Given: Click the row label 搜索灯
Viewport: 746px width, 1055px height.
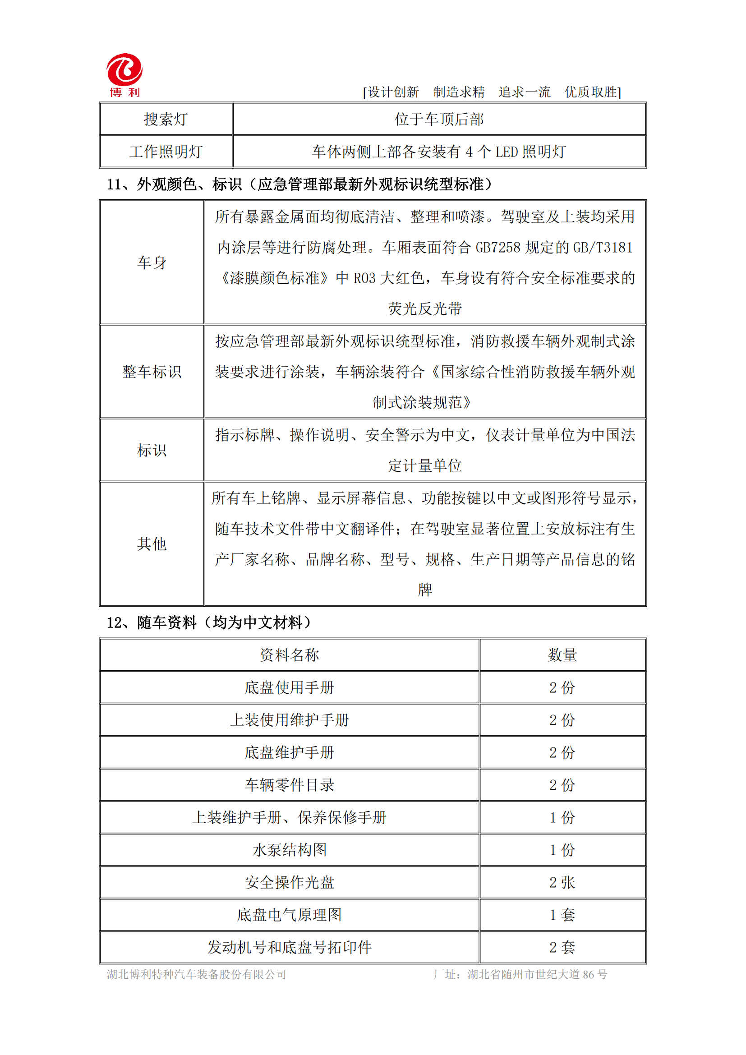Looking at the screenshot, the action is click(166, 120).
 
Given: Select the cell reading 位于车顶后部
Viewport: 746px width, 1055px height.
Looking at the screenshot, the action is click(439, 120).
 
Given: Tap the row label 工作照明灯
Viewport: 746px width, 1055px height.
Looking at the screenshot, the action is click(166, 152).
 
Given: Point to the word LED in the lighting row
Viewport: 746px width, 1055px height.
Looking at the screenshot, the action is click(506, 152).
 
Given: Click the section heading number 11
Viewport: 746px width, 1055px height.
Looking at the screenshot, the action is click(115, 185).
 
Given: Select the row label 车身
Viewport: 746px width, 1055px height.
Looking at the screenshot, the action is click(152, 263).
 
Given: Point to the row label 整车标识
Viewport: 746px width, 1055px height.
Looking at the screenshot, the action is click(152, 372).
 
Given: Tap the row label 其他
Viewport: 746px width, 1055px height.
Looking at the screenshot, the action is click(152, 544).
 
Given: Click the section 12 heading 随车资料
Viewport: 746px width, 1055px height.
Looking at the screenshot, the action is click(167, 623).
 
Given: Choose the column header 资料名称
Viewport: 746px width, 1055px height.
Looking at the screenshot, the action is click(290, 655).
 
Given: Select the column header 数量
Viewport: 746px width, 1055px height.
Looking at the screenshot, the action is click(562, 655).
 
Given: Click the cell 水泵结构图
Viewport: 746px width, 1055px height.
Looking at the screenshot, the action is click(290, 850).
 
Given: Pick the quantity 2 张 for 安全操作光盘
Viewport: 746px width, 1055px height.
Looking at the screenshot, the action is click(562, 883).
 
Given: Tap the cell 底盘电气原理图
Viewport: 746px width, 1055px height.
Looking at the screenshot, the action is click(290, 915).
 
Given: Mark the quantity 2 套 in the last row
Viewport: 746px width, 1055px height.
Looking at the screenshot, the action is click(562, 948).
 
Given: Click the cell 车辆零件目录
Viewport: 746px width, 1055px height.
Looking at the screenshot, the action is click(290, 785).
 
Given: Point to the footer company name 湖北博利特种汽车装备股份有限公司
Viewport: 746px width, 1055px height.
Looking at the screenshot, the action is click(197, 975).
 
